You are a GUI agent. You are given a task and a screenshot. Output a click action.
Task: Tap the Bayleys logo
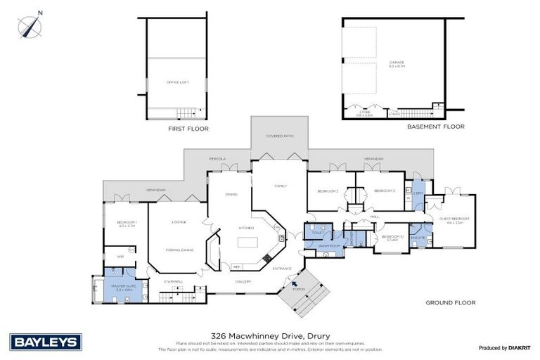(46, 341)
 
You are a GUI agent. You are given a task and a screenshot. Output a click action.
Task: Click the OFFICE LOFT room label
(177, 82)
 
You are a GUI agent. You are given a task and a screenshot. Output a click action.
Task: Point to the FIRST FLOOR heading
(188, 129)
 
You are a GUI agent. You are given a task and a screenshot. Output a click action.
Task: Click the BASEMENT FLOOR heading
(436, 127)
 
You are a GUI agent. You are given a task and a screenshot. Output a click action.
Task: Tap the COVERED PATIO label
(278, 136)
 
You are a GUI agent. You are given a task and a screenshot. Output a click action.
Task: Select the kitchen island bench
(247, 243)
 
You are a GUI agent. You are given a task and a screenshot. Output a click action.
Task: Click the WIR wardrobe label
(120, 257)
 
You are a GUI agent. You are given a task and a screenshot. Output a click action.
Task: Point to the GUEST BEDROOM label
(455, 220)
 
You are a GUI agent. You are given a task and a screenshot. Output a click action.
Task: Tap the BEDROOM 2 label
(328, 191)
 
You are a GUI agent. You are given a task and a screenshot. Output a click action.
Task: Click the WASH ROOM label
(328, 246)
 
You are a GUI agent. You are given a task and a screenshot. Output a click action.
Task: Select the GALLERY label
(243, 282)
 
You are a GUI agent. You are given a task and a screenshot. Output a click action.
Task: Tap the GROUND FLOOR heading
(450, 302)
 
